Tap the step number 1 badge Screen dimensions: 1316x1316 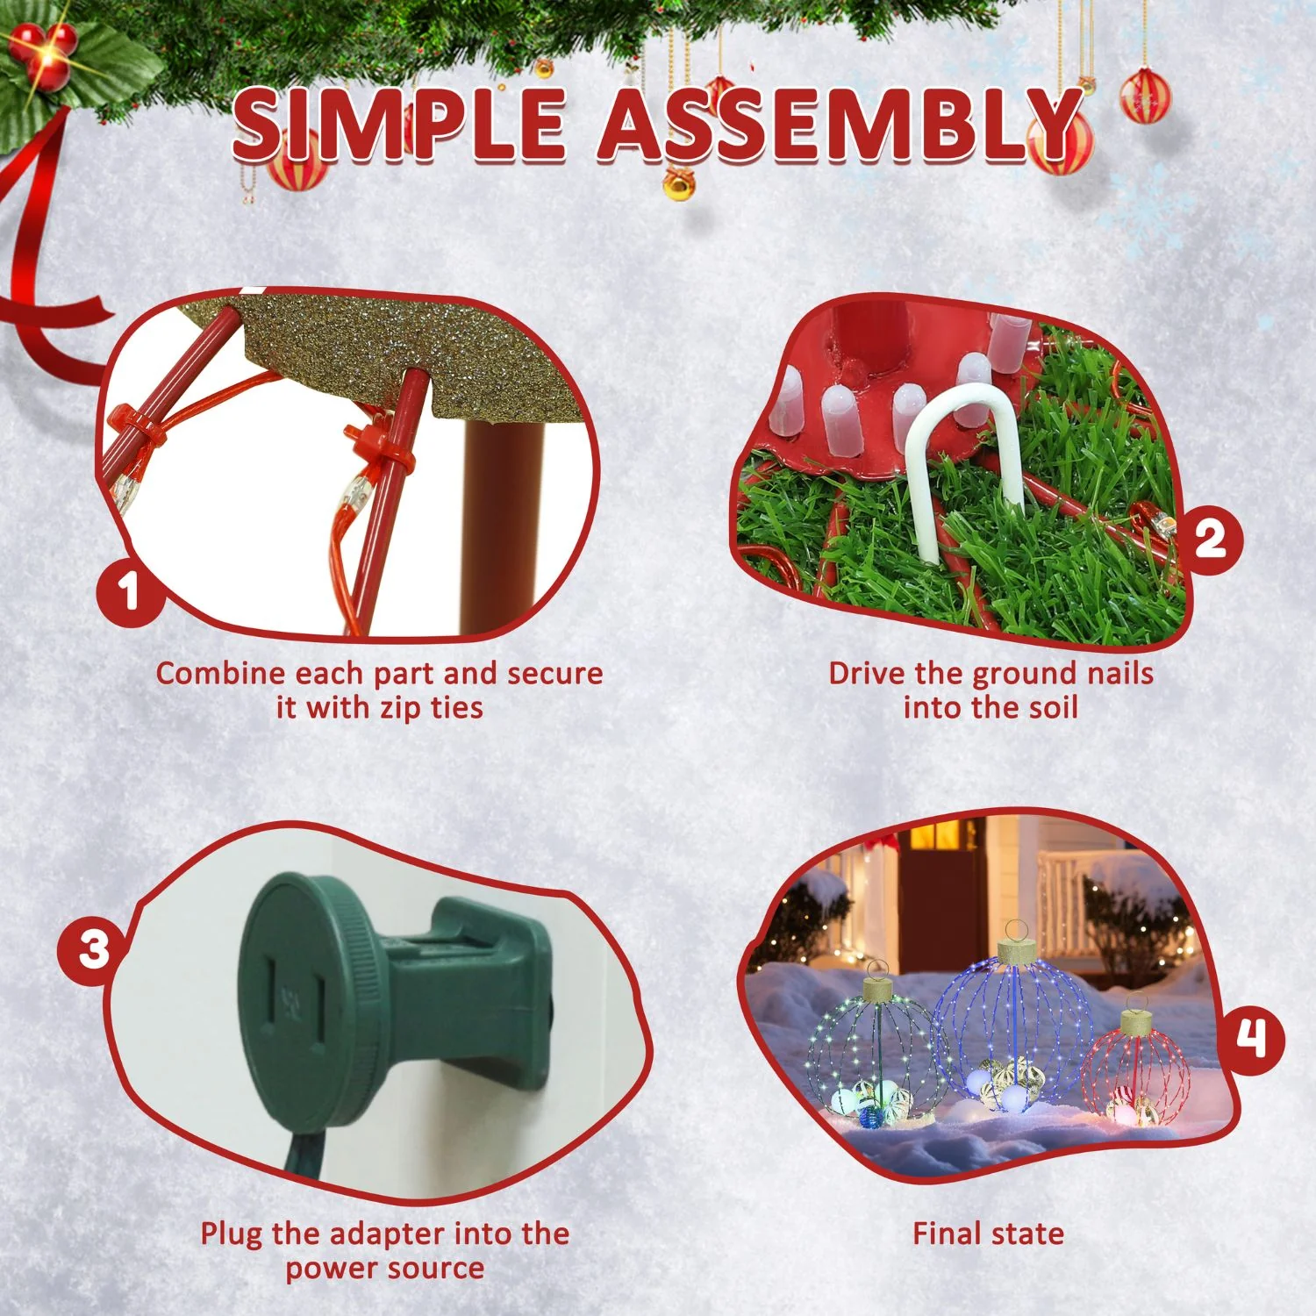131,589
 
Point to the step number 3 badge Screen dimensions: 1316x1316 93,949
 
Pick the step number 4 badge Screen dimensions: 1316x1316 1251,1041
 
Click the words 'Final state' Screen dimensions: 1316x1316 988,1234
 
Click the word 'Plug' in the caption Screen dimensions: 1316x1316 232,1234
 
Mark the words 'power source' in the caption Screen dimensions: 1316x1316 384,1269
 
